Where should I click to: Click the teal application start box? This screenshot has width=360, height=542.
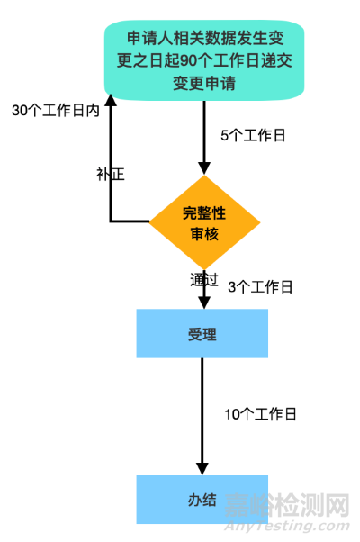pos(204,60)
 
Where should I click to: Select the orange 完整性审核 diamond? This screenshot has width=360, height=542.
pos(204,222)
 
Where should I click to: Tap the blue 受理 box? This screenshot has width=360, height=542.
pos(202,333)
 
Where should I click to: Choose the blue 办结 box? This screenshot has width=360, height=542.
pos(202,500)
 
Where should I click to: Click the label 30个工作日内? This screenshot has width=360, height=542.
pos(56,111)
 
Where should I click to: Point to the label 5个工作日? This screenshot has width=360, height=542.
pos(253,135)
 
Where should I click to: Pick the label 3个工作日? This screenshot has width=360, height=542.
pos(260,287)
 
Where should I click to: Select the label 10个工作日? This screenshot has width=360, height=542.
pos(260,414)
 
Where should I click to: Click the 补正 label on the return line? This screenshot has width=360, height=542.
pos(111,174)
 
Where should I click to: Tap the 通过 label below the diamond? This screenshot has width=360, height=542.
pos(204,280)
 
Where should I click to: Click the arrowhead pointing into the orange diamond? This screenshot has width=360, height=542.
pos(204,168)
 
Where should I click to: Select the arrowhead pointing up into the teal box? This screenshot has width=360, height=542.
pos(111,100)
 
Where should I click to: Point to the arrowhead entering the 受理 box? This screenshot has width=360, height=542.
pos(204,303)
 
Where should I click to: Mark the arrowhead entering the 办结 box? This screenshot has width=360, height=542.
pos(202,469)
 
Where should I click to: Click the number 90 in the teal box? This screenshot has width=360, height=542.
pos(189,60)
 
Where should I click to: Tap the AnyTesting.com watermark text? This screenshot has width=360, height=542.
pos(287,526)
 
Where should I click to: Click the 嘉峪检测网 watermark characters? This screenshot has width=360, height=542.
pos(287,505)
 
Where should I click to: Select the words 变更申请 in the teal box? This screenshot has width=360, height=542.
pos(204,84)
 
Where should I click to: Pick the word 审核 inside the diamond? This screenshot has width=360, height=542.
pos(204,234)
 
